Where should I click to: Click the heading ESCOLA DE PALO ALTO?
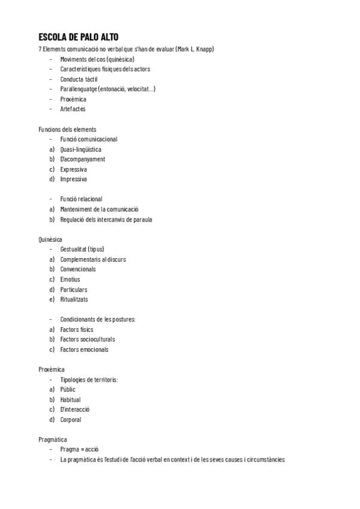[82, 37]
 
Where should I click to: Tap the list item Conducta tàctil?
[79, 79]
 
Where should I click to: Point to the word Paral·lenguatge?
[82, 89]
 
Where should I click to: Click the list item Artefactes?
[73, 109]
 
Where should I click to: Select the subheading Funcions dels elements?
[67, 129]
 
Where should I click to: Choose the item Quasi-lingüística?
[80, 149]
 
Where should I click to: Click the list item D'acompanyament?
[82, 159]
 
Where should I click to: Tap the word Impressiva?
[73, 179]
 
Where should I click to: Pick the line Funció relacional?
[81, 199]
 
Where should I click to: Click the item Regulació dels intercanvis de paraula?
[106, 219]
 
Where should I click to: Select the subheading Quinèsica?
[50, 239]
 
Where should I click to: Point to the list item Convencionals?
[78, 269]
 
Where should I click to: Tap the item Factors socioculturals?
[88, 339]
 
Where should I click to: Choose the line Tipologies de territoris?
[89, 379]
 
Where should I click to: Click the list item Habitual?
[70, 399]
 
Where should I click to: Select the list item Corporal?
[71, 420]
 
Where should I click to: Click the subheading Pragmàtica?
[53, 439]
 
